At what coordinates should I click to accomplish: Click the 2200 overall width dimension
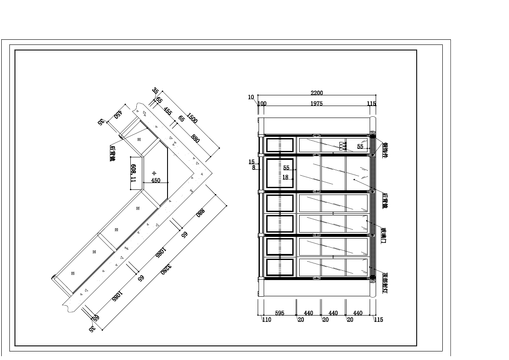tap(317, 93)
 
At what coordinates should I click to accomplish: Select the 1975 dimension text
tap(317, 103)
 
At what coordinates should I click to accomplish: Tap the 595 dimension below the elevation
tap(280, 313)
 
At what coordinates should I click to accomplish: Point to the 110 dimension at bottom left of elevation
tap(266, 319)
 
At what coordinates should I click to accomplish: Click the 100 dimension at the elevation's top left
tap(262, 103)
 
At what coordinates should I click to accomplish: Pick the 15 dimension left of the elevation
tap(251, 162)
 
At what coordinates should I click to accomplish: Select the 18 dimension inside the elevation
tap(285, 177)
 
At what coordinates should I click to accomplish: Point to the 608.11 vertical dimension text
tap(133, 173)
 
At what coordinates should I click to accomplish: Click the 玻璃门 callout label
tap(383, 235)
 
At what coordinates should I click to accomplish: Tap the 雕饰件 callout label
tap(384, 150)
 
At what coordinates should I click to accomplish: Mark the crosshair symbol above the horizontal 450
tap(154, 173)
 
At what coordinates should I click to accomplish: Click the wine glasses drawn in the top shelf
tap(342, 146)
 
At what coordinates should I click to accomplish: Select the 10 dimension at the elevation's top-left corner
tap(251, 97)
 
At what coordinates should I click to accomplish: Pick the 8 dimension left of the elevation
tap(253, 168)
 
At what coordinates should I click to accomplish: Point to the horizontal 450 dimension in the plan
tap(156, 180)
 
